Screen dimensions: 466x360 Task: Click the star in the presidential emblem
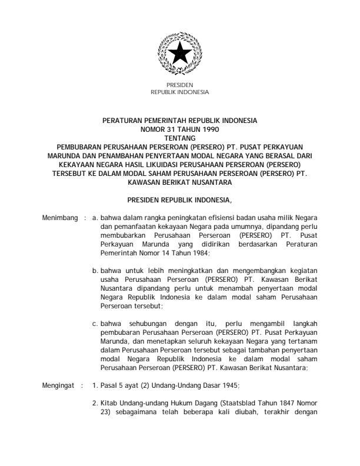click(179, 55)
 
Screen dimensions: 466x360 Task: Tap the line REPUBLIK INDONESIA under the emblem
click(180, 92)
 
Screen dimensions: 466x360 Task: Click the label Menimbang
click(60, 218)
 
